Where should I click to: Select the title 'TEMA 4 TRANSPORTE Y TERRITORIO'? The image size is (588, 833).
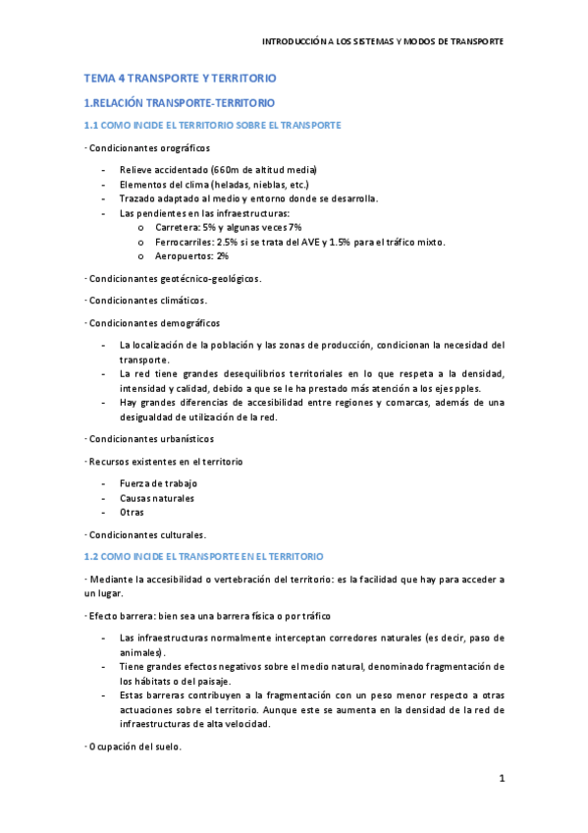181,78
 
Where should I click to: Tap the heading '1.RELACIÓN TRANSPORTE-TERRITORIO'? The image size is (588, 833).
180,102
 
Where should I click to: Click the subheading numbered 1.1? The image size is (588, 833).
212,126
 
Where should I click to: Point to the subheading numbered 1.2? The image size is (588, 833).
210,556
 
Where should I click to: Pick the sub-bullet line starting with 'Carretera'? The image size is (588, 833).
228,227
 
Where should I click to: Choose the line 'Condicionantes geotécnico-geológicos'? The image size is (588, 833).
174,278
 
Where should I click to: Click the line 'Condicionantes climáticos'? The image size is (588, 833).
146,300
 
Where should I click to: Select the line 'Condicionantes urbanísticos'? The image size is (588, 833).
149,438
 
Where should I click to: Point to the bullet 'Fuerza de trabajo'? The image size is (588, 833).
158,483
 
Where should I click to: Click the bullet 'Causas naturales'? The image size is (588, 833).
156,498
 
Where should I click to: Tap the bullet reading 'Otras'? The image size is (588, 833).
132,512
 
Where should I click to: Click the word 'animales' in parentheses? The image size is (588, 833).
141,652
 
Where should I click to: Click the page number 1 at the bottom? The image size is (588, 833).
501,780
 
